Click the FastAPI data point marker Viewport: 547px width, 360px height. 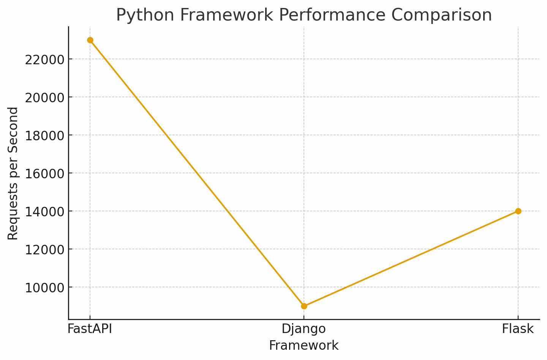90,40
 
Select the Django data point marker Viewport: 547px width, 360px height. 304,306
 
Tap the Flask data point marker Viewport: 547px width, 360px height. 518,211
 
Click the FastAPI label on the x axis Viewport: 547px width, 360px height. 90,329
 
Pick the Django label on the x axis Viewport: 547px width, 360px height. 304,329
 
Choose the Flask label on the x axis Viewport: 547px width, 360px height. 518,329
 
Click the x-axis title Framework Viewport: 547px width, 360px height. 304,346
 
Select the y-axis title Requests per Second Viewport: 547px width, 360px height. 13,173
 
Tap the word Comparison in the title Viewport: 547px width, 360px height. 441,15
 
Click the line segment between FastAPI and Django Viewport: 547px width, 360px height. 197,173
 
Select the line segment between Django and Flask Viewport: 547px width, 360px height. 411,259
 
